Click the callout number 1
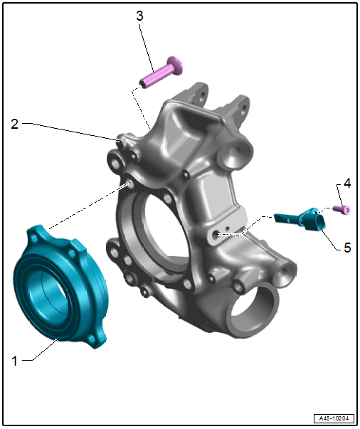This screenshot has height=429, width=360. tap(14, 361)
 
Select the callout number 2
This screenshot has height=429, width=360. tap(14, 124)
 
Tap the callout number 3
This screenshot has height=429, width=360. tap(139, 16)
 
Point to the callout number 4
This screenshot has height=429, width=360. tap(347, 183)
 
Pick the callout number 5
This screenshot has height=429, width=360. tap(347, 248)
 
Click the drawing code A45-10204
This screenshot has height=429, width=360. tap(334, 418)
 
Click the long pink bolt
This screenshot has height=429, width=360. tap(161, 73)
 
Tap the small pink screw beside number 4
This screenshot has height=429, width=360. tap(342, 210)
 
